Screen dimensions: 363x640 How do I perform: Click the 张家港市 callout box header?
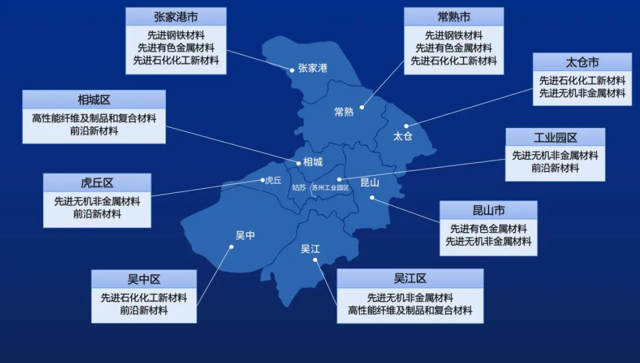click(x=175, y=16)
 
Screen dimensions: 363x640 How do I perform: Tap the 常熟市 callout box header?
click(x=453, y=16)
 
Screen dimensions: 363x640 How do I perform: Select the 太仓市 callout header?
click(x=582, y=62)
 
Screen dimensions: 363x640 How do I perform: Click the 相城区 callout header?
click(x=94, y=99)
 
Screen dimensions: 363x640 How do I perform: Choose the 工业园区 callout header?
click(x=555, y=137)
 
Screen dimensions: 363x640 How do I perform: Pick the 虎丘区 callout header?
click(x=97, y=183)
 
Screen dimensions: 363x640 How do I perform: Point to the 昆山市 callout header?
click(x=488, y=210)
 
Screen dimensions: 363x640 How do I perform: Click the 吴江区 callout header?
click(x=410, y=278)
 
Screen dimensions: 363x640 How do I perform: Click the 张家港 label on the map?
click(x=312, y=68)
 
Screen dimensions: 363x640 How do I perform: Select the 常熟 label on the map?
click(x=344, y=112)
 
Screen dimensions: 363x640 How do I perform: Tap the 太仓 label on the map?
click(x=402, y=137)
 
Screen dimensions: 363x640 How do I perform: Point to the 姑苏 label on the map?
click(x=299, y=187)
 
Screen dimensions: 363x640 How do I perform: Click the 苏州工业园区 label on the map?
click(x=330, y=187)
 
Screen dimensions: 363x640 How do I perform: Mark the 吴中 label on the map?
click(x=245, y=235)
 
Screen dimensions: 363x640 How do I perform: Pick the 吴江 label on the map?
click(x=310, y=249)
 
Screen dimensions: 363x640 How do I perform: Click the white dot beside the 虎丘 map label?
click(x=262, y=181)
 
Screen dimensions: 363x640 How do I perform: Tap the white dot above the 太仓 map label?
click(x=406, y=126)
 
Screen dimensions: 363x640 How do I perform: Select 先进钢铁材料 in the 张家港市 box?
click(x=175, y=35)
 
